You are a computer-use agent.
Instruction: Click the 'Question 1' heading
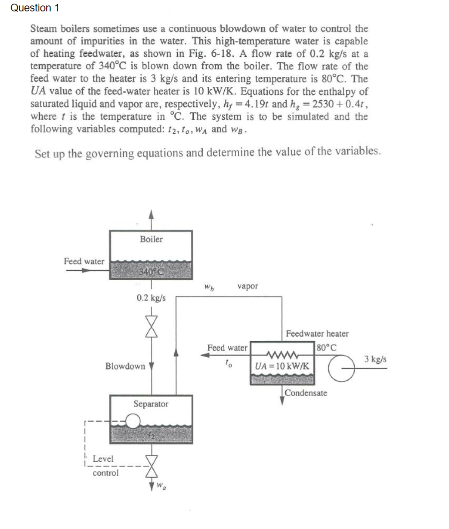click(30, 8)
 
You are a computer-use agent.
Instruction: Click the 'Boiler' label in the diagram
click(151, 239)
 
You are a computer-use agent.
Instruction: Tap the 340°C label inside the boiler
click(151, 272)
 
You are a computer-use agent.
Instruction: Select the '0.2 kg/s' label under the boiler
click(151, 298)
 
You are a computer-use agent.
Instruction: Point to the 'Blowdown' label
click(125, 366)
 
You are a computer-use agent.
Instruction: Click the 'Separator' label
click(151, 404)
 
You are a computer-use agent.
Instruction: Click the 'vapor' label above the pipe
click(247, 287)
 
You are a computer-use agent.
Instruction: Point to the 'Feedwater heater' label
click(317, 333)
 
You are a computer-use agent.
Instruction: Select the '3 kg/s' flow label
click(376, 359)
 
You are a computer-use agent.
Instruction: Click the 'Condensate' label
click(306, 393)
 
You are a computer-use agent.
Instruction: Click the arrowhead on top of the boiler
click(151, 217)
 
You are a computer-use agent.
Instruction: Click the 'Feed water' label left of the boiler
click(84, 262)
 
